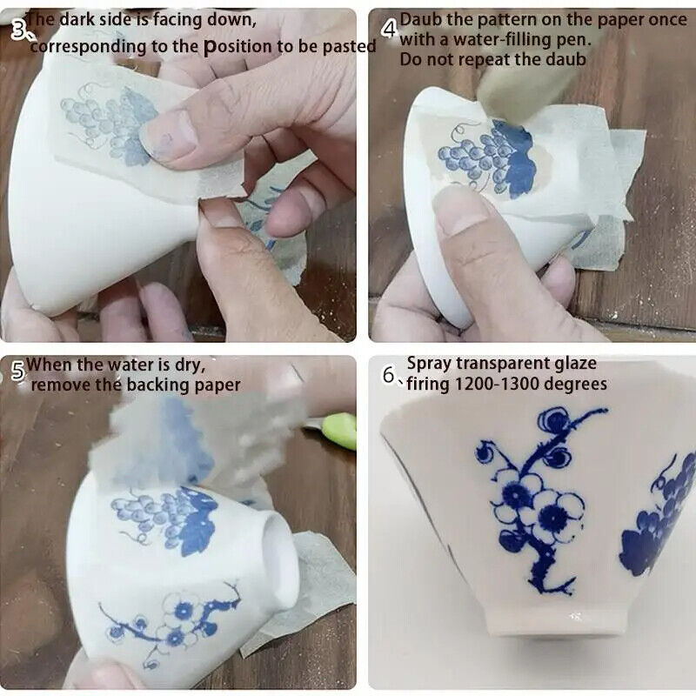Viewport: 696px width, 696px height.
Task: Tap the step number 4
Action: (389, 30)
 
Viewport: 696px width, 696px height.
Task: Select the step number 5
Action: (17, 371)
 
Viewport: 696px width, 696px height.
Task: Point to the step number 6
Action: (388, 376)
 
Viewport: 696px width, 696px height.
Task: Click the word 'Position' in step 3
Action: (238, 47)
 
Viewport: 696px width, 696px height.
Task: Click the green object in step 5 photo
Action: (339, 430)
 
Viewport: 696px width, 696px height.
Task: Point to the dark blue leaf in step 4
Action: (515, 159)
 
